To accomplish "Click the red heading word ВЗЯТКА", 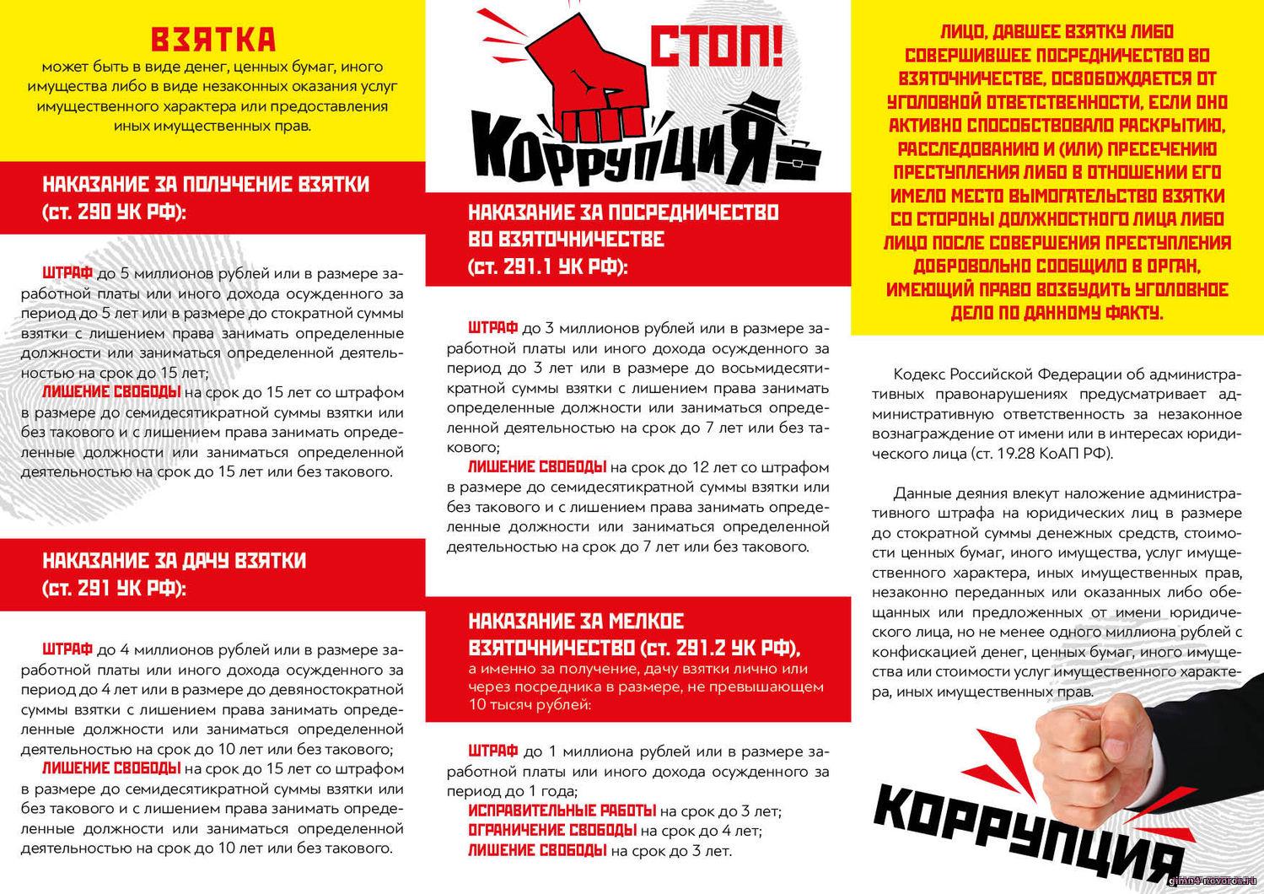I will (x=212, y=40).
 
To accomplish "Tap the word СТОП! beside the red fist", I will (x=718, y=50).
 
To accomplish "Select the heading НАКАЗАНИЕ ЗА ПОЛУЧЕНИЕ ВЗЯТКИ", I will (x=206, y=185).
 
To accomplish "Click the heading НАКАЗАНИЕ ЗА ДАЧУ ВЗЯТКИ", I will (x=174, y=561).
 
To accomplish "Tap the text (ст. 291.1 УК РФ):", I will (x=548, y=267).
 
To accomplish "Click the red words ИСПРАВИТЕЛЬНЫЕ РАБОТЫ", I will (x=562, y=811).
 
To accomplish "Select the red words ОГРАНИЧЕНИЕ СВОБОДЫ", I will (x=552, y=831).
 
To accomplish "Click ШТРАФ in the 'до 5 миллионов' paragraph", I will (x=67, y=273).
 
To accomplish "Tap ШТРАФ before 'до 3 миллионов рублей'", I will (x=492, y=327).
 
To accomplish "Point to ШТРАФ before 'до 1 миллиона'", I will (x=492, y=751).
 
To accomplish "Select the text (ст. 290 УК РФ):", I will (x=113, y=212).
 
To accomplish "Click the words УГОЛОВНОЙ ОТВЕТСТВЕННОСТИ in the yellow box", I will (x=985, y=102).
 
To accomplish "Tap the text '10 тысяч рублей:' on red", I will (x=530, y=704).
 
